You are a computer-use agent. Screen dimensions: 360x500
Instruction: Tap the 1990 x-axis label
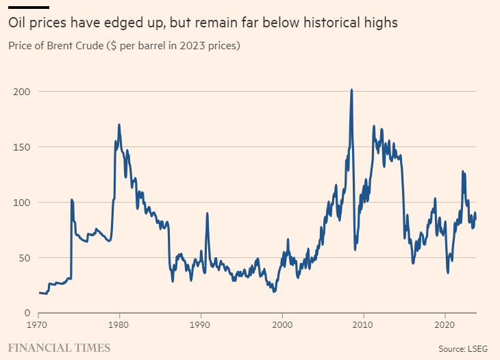(x=200, y=325)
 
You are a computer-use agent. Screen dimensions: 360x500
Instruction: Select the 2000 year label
(x=282, y=325)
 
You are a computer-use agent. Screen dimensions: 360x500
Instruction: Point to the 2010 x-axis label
(x=363, y=325)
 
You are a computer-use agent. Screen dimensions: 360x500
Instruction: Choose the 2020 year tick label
(x=445, y=325)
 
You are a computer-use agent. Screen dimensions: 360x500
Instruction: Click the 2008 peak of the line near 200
(x=351, y=90)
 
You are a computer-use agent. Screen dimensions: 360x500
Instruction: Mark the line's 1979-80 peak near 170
(x=119, y=125)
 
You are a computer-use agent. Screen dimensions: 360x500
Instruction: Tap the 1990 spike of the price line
(x=207, y=214)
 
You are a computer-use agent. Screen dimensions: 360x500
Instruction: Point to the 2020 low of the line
(x=448, y=273)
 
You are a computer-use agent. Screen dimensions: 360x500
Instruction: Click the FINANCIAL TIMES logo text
(x=59, y=348)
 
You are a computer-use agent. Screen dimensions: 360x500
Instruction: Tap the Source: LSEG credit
(x=462, y=348)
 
